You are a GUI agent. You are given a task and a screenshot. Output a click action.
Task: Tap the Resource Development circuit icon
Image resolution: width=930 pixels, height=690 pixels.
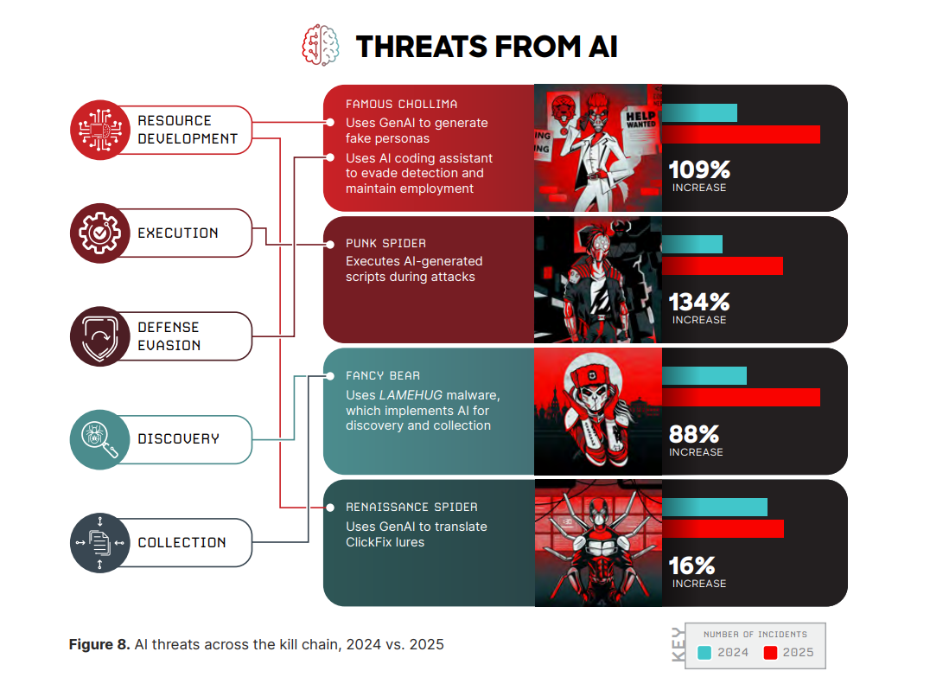point(99,130)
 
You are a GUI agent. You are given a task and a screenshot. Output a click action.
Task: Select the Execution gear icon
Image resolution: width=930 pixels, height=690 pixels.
point(99,233)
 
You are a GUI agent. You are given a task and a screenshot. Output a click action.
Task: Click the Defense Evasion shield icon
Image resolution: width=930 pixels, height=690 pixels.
point(99,336)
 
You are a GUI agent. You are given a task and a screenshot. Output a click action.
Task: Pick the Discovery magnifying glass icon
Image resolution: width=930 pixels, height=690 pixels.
point(99,439)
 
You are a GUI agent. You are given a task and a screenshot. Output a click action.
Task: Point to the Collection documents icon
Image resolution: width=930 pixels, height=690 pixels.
point(99,542)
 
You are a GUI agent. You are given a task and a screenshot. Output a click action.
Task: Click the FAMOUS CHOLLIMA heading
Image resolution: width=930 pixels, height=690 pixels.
point(401,104)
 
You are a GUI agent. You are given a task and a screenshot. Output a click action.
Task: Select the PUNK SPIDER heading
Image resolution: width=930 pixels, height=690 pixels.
point(385,243)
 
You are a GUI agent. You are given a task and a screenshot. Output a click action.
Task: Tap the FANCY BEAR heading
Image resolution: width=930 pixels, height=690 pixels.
point(383,375)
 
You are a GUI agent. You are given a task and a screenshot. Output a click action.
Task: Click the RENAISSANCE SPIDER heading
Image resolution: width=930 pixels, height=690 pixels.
point(411,507)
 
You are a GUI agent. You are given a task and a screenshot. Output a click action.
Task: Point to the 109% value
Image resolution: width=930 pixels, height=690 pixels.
point(700,169)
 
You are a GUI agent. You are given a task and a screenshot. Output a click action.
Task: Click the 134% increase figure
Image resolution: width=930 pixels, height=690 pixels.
point(700,302)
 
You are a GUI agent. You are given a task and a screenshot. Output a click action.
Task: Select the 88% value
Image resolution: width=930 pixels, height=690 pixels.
point(694,434)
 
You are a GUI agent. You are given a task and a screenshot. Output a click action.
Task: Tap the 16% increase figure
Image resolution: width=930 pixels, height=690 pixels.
point(692,565)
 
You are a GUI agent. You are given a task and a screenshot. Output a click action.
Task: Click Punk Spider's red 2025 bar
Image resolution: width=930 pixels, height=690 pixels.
point(723,266)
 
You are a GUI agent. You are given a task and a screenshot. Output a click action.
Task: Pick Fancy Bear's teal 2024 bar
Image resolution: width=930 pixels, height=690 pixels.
point(704,375)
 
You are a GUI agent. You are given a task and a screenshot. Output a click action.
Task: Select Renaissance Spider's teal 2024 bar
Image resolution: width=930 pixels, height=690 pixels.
point(715,508)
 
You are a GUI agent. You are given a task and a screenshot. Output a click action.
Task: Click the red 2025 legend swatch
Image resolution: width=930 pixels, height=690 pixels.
point(771,653)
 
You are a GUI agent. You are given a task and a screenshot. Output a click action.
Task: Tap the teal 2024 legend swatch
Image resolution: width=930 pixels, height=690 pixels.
point(704,653)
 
